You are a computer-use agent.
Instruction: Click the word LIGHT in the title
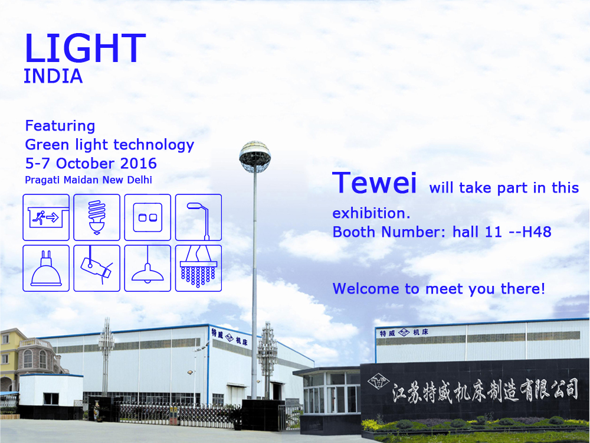coord(85,48)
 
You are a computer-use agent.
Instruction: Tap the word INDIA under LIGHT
coord(53,76)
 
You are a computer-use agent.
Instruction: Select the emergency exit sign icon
coord(46,217)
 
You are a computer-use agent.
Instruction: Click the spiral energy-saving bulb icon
coord(97,217)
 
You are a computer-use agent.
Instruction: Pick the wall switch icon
coord(147,217)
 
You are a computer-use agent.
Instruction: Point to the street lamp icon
coord(198,217)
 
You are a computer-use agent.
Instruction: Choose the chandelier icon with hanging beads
coord(198,268)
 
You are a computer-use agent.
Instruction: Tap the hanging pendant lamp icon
coord(147,268)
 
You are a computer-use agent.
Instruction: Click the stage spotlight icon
coord(97,268)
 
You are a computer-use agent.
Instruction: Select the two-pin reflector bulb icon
coord(46,268)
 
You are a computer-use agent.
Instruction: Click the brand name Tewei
coord(375,183)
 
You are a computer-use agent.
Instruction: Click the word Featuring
coord(60,126)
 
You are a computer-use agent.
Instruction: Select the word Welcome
coord(366,289)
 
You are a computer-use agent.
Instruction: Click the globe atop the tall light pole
coord(255,157)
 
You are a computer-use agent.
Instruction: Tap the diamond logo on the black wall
coord(379,382)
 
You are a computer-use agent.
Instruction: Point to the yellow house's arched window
coord(28,359)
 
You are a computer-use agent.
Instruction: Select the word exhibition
coord(371,214)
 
